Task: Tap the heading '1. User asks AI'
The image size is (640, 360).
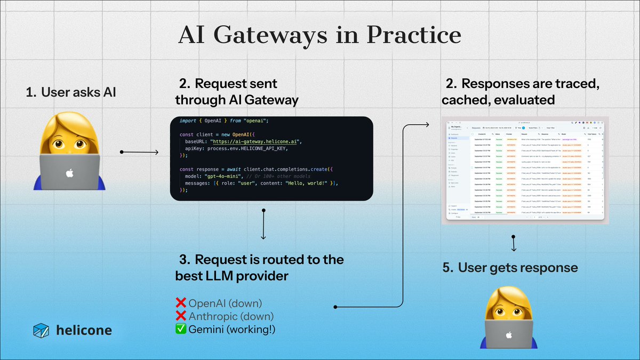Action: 71,93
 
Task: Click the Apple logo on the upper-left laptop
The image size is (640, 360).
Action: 68,173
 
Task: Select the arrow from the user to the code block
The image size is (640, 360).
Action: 140,153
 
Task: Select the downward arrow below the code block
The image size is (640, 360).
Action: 263,223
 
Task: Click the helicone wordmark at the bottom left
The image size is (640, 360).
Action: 84,330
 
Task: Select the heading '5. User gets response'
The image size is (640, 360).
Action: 510,267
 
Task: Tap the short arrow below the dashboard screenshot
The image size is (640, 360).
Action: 514,244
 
